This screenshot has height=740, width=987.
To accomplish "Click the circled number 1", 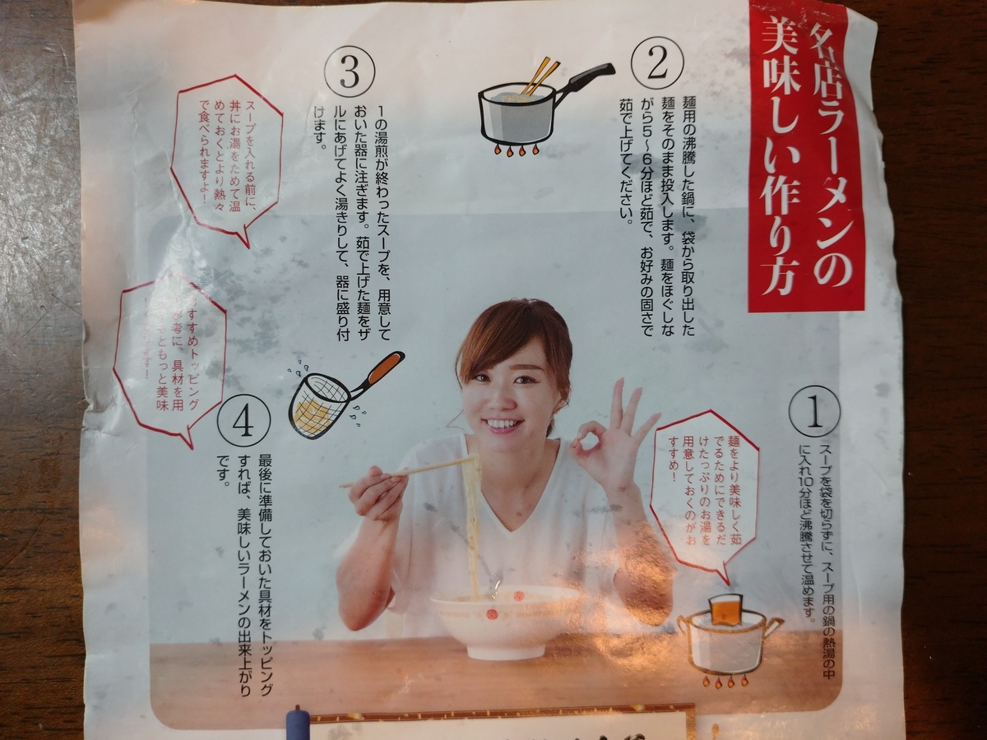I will click(813, 411).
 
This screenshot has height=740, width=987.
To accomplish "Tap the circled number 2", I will click(656, 62).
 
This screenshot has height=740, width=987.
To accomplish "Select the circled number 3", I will click(350, 72).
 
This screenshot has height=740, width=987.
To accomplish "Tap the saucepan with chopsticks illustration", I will click(526, 111).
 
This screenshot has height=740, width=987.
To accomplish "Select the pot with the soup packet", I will click(724, 637).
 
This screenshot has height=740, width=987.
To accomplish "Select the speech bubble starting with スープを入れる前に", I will click(226, 156).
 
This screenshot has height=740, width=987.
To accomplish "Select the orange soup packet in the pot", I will click(725, 609).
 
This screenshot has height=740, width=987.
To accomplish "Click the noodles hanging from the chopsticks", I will click(473, 518).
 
